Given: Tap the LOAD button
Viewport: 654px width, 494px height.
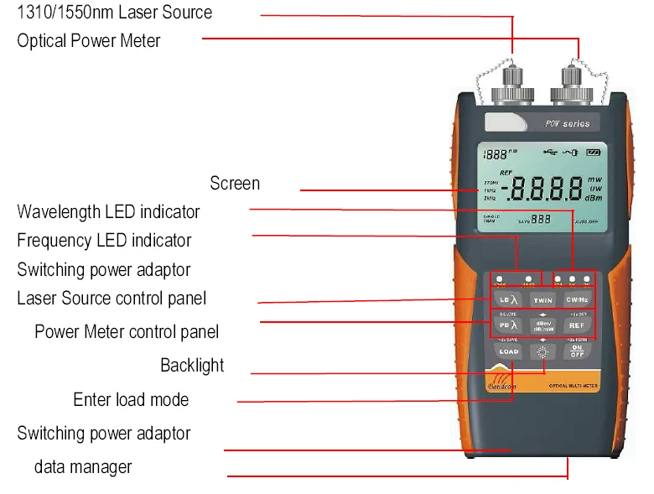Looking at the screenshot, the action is pos(509,352).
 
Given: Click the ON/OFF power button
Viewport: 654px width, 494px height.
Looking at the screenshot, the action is pos(577,351).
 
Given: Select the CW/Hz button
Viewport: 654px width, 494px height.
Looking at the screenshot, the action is pos(577,299).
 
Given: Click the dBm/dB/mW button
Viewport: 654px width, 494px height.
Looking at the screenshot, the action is pos(543,325).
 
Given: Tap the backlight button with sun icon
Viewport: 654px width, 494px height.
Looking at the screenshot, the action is pos(543,352).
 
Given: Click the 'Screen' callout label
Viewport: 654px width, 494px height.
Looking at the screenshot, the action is pos(235,184).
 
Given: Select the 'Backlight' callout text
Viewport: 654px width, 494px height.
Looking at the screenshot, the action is pos(192,366).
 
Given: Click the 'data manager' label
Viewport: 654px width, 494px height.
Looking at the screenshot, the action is pos(83,467).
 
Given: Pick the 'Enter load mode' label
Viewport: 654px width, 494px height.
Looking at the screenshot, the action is pos(131,400).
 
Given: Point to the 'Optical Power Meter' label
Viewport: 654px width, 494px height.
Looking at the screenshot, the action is pos(89,40).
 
